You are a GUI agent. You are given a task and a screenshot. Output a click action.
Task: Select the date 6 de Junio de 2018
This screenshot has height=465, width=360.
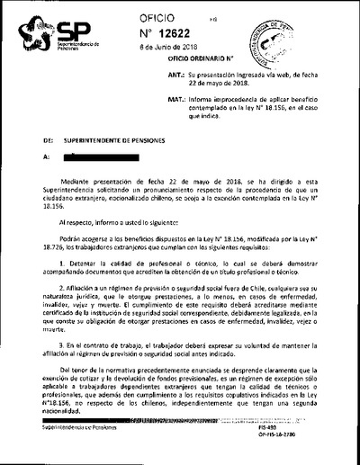(189, 49)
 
